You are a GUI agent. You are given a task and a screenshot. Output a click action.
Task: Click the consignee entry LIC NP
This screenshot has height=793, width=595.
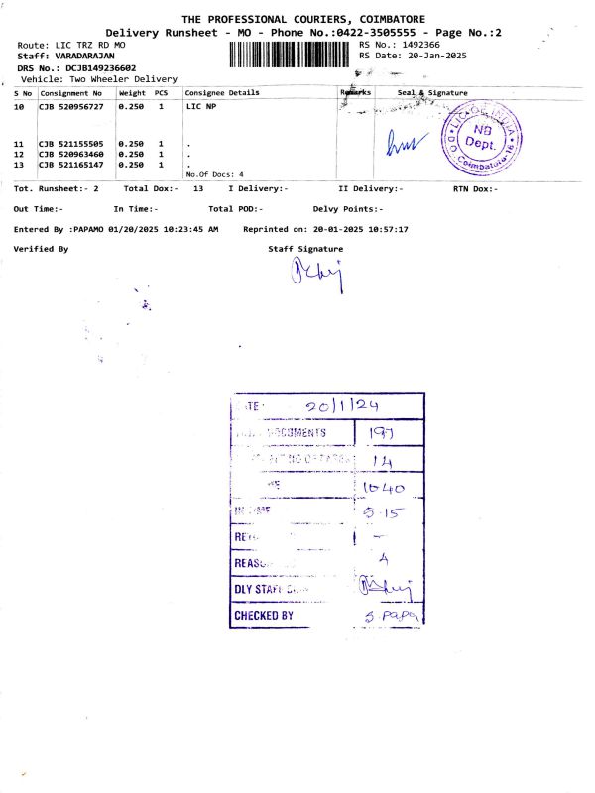201,104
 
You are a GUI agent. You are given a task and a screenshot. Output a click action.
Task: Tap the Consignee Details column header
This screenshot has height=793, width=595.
223,93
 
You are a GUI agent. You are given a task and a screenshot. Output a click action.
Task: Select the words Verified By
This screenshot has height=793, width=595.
41,249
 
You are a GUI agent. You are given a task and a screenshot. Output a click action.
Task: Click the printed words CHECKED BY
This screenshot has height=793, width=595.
264,616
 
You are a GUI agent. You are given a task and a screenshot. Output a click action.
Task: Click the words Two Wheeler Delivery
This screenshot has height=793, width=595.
122,79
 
